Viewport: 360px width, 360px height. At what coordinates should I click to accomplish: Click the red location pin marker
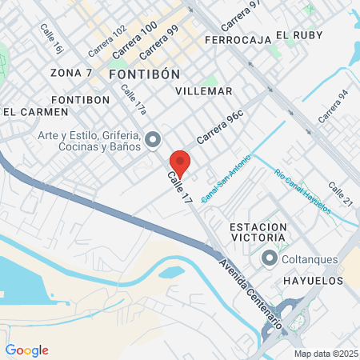pos(180,162)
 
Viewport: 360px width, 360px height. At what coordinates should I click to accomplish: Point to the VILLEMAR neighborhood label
pos(203,91)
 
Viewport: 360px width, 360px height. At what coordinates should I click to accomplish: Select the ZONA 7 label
pos(70,73)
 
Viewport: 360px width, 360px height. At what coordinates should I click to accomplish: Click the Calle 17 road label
pos(180,188)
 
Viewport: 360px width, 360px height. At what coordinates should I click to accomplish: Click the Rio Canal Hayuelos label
pos(302,191)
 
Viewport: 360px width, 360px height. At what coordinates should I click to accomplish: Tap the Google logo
pos(26,350)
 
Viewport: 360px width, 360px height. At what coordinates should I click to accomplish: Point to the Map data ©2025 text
pos(326,354)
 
